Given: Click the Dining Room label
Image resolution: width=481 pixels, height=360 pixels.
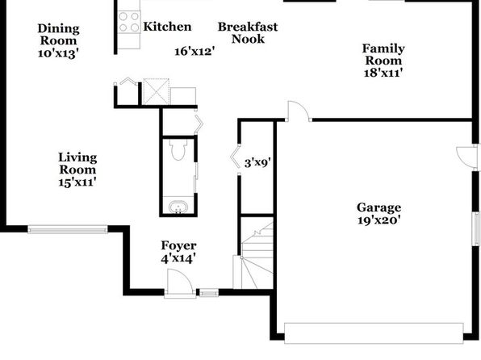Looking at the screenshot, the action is (59, 35).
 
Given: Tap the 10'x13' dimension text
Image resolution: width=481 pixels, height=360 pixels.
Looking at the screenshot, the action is (59, 53).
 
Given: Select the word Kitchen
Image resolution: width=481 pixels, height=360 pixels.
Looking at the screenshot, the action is (167, 27).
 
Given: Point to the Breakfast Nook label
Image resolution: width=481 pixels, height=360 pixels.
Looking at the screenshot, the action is (248, 33).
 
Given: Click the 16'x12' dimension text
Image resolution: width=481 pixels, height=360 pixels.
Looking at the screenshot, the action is (194, 51).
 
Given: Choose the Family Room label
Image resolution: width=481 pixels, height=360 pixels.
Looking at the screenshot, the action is (383, 54).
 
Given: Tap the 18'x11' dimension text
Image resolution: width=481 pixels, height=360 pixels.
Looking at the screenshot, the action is (383, 73).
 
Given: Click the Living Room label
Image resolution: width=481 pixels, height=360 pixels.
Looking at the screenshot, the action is (77, 163).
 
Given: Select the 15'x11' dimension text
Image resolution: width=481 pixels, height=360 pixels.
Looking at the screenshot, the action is (77, 182).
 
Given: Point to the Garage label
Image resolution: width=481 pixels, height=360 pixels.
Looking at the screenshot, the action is (379, 207).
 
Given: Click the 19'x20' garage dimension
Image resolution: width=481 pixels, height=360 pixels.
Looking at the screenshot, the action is (379, 220).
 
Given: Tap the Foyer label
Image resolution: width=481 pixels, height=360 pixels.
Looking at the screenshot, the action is (178, 245).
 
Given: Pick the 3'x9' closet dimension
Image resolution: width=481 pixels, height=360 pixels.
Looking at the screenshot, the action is (257, 162).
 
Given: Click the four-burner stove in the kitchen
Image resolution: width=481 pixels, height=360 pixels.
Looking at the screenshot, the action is (129, 22).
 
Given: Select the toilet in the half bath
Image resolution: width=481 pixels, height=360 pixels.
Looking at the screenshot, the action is (178, 149).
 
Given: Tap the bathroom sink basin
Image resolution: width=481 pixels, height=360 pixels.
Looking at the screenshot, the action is (178, 207).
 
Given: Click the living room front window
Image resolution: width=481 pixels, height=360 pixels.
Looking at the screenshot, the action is (68, 229).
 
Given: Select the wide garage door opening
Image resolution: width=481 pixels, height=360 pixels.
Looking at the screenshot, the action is (374, 333).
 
